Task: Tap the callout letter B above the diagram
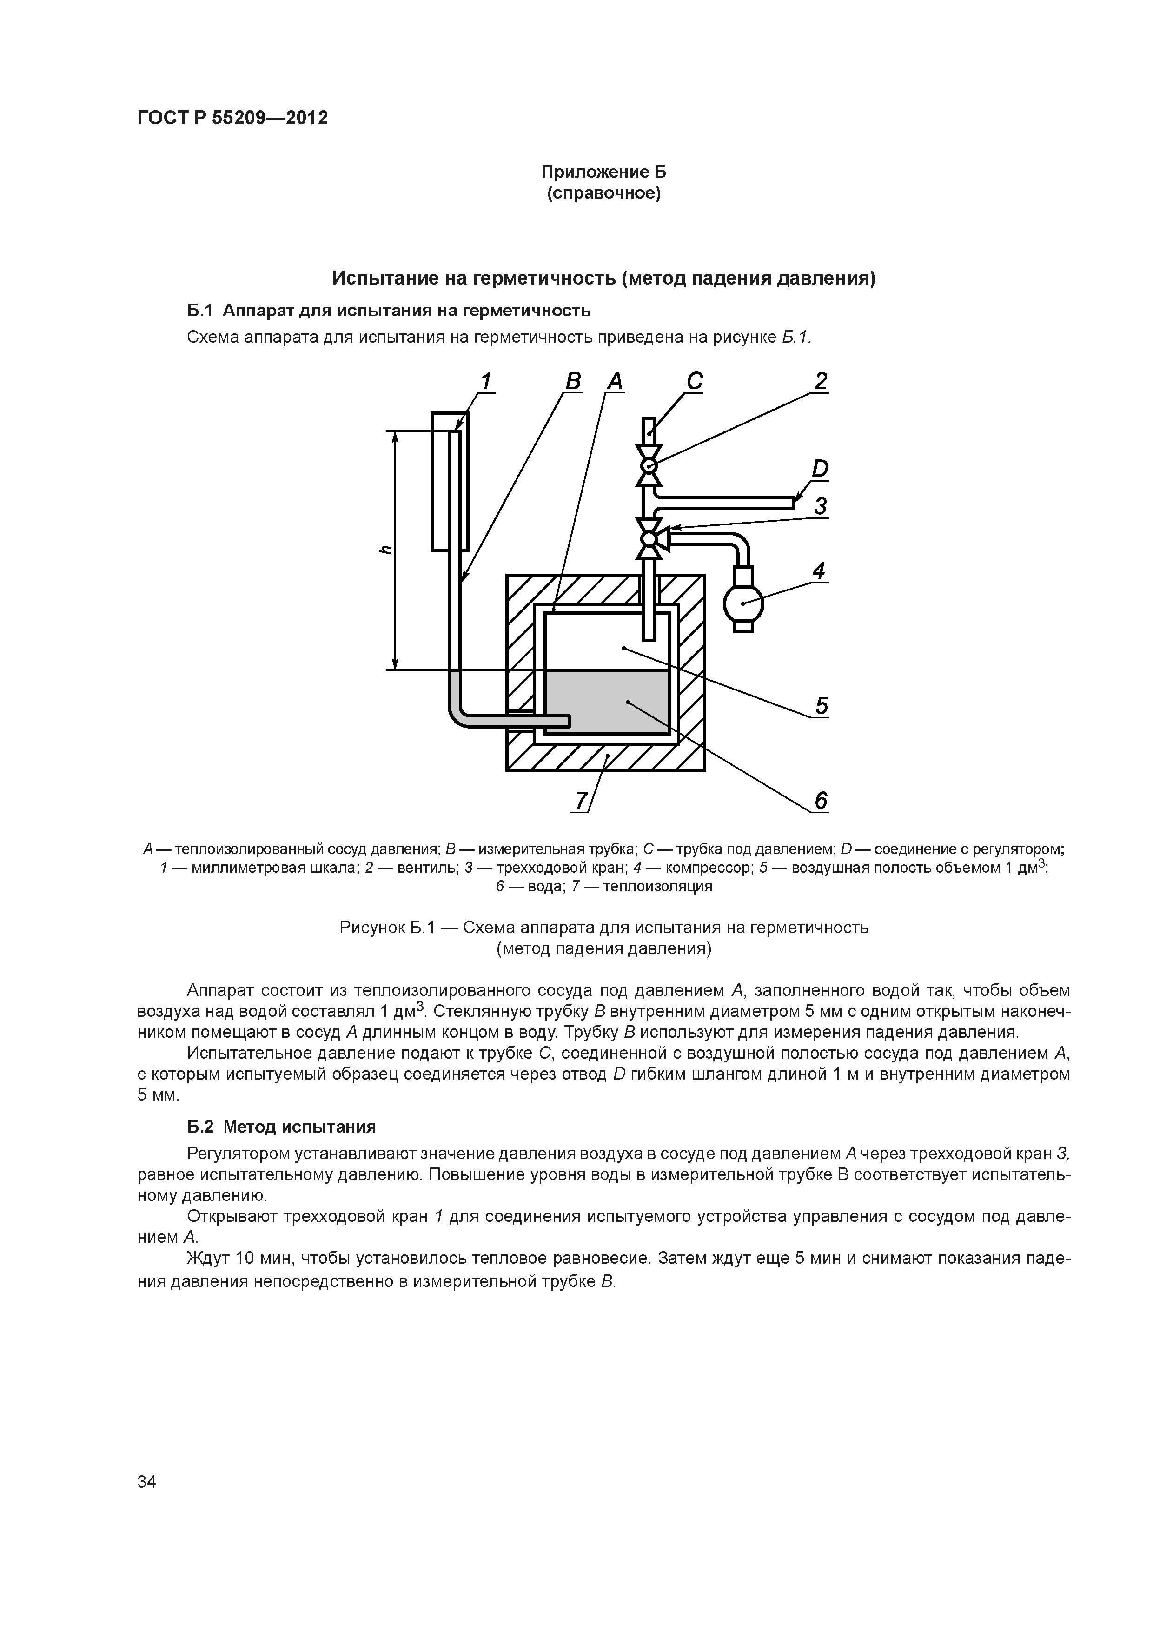point(573,382)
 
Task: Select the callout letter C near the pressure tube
point(694,382)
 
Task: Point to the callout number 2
point(821,382)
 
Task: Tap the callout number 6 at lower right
point(821,801)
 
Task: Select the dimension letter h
point(384,550)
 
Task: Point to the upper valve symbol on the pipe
point(648,465)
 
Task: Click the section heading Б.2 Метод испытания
point(281,1127)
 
